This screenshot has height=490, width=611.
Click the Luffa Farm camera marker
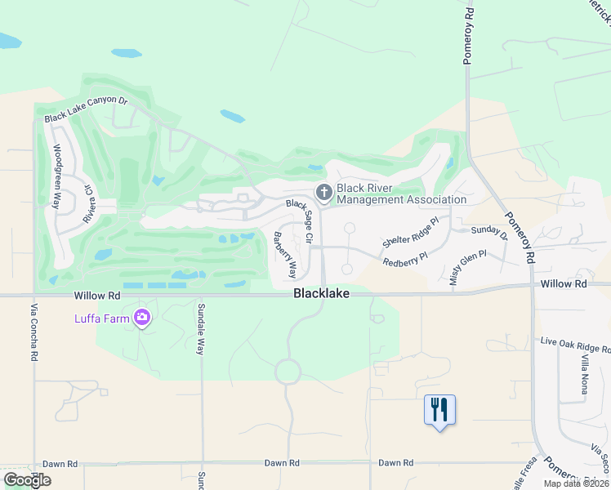[143, 317]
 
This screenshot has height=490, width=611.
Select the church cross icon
[324, 193]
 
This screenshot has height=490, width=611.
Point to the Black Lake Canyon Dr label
[87, 109]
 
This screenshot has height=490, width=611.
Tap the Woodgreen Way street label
[57, 176]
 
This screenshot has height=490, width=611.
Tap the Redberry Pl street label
[405, 259]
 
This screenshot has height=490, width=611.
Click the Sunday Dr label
[489, 234]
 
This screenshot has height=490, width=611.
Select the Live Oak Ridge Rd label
[576, 345]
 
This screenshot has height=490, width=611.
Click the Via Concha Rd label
[35, 332]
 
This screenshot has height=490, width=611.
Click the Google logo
[27, 480]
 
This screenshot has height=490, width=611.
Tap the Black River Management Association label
[401, 194]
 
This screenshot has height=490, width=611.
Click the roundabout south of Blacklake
[288, 372]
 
